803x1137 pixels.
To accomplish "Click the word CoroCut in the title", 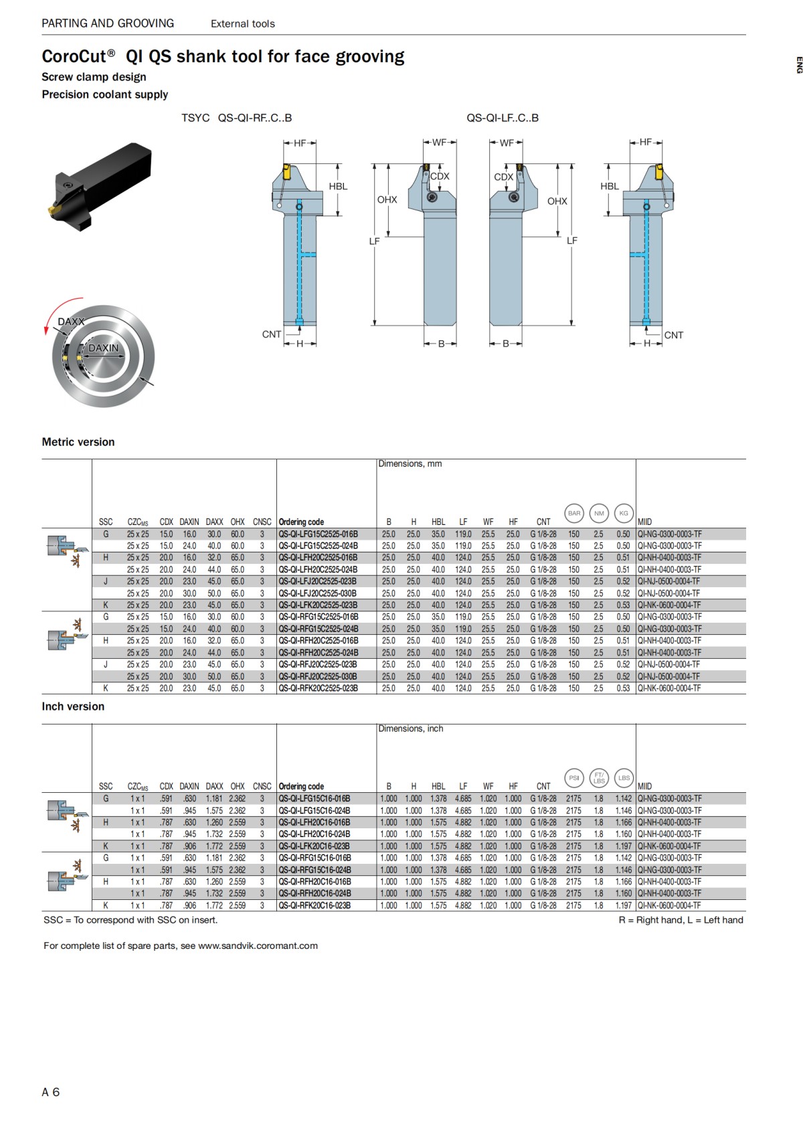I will click(74, 56).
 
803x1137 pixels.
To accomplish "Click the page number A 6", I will click(51, 1091).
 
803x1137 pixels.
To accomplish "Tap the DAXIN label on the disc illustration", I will click(104, 348).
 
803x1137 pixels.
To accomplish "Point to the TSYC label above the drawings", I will click(195, 118).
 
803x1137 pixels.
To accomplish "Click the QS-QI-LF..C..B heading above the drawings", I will click(502, 118).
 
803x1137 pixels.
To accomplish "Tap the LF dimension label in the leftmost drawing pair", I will click(374, 241).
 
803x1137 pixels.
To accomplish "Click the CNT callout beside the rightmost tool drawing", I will click(673, 335).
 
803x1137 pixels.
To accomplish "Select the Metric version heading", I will click(78, 442).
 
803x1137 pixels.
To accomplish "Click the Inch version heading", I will click(73, 706).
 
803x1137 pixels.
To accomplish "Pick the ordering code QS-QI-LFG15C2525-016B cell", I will click(319, 534).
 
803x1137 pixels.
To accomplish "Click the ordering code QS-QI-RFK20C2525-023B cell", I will click(319, 688).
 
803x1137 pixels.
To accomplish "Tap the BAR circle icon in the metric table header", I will click(574, 514).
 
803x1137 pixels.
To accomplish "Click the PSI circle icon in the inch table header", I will click(573, 778).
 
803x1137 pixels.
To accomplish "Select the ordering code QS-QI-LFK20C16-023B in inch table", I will click(315, 846).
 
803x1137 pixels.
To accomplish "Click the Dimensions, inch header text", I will click(411, 729).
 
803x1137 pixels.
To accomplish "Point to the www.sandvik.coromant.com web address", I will click(258, 945).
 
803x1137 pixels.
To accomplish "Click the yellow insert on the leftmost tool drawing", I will click(286, 171).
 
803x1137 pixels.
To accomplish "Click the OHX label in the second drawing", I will click(387, 200).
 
